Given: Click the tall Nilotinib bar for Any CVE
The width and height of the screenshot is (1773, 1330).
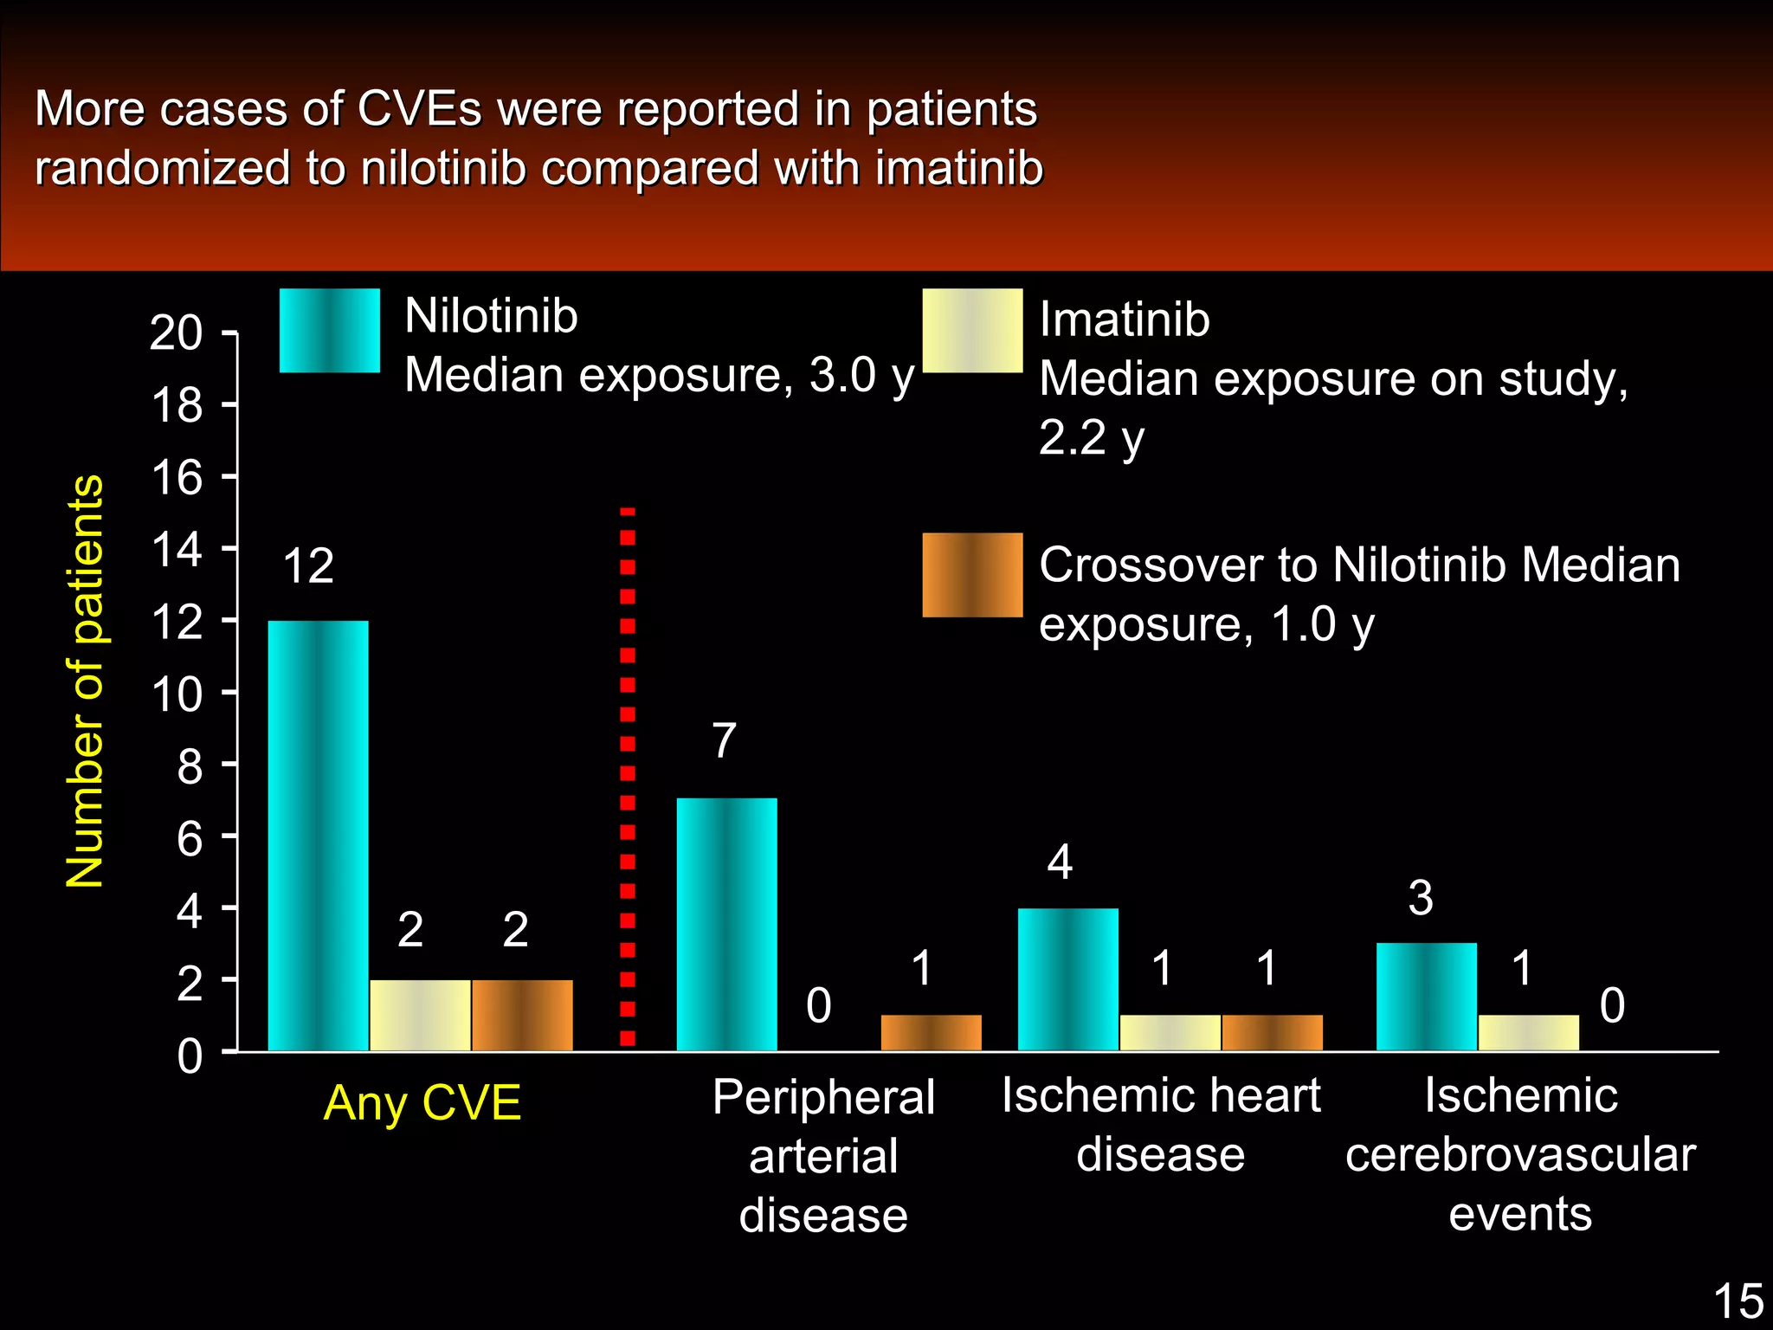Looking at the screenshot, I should (318, 836).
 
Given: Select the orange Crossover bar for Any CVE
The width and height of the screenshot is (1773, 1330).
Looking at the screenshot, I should (522, 1016).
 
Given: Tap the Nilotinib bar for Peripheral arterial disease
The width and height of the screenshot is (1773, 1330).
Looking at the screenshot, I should (726, 924).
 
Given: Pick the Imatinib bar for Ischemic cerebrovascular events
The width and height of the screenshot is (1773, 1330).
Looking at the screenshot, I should (1528, 1033).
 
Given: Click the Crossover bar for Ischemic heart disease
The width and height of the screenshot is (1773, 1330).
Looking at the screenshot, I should (1272, 1033).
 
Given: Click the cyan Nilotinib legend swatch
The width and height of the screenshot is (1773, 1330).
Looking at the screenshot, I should (329, 330).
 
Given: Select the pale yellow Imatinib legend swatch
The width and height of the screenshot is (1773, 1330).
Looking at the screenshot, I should (972, 330).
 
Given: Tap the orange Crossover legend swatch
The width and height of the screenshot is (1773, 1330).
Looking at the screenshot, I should (972, 575).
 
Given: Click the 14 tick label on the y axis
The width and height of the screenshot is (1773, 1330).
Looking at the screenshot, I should (176, 549).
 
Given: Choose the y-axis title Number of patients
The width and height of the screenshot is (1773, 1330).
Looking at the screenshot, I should (85, 681).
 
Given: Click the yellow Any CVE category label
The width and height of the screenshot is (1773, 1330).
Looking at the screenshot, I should (422, 1103).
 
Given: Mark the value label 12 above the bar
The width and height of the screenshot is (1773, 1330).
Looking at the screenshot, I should (308, 566).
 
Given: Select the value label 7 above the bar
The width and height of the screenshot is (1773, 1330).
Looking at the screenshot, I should (724, 741).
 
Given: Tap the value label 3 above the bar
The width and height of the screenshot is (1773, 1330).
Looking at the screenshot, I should (1420, 898).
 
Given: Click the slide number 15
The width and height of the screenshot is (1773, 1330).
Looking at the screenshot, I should (1738, 1301).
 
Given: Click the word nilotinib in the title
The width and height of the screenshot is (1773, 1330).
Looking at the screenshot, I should (443, 168).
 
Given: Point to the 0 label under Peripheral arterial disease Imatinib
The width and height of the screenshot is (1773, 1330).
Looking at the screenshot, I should (818, 1005).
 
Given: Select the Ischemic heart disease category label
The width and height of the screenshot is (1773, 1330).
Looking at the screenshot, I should (1161, 1124).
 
